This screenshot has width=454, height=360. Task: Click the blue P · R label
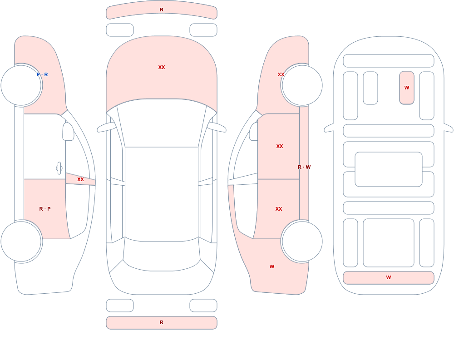[42, 74]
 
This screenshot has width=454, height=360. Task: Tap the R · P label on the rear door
[45, 209]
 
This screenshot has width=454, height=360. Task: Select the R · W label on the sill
[304, 167]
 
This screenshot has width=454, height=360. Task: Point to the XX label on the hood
[162, 67]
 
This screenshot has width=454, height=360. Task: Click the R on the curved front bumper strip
[162, 10]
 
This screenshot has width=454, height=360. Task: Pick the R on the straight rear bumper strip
[162, 322]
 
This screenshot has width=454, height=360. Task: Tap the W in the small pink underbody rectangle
[407, 88]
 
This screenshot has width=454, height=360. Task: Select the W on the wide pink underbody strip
[389, 277]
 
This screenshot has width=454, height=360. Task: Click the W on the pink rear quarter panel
[272, 266]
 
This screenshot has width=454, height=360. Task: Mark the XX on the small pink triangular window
[80, 179]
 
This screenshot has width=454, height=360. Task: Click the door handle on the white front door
[59, 168]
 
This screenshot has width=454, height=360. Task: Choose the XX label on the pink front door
[280, 146]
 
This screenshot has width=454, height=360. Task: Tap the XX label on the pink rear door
[279, 209]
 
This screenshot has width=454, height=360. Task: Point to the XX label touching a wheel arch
[281, 74]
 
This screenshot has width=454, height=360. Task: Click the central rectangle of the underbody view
[389, 169]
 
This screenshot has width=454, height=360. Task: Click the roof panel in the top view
[162, 194]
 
